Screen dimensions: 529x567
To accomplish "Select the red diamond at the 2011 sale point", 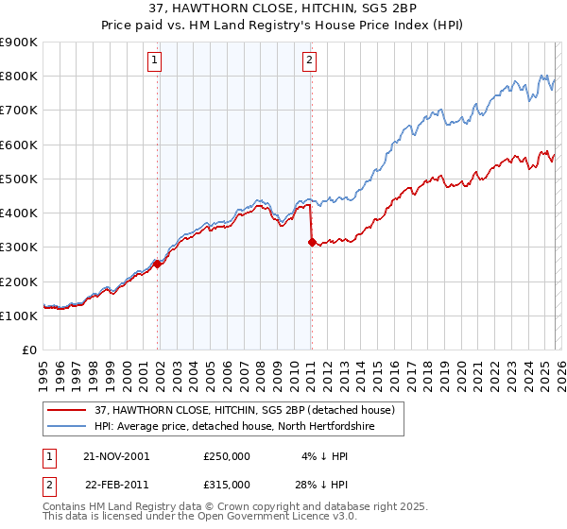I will pos(312,242).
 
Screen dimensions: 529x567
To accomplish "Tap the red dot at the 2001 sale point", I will pos(158,264).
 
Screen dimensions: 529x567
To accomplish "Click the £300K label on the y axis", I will pos(19,247).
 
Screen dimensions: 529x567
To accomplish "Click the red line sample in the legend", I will pos(67,409).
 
